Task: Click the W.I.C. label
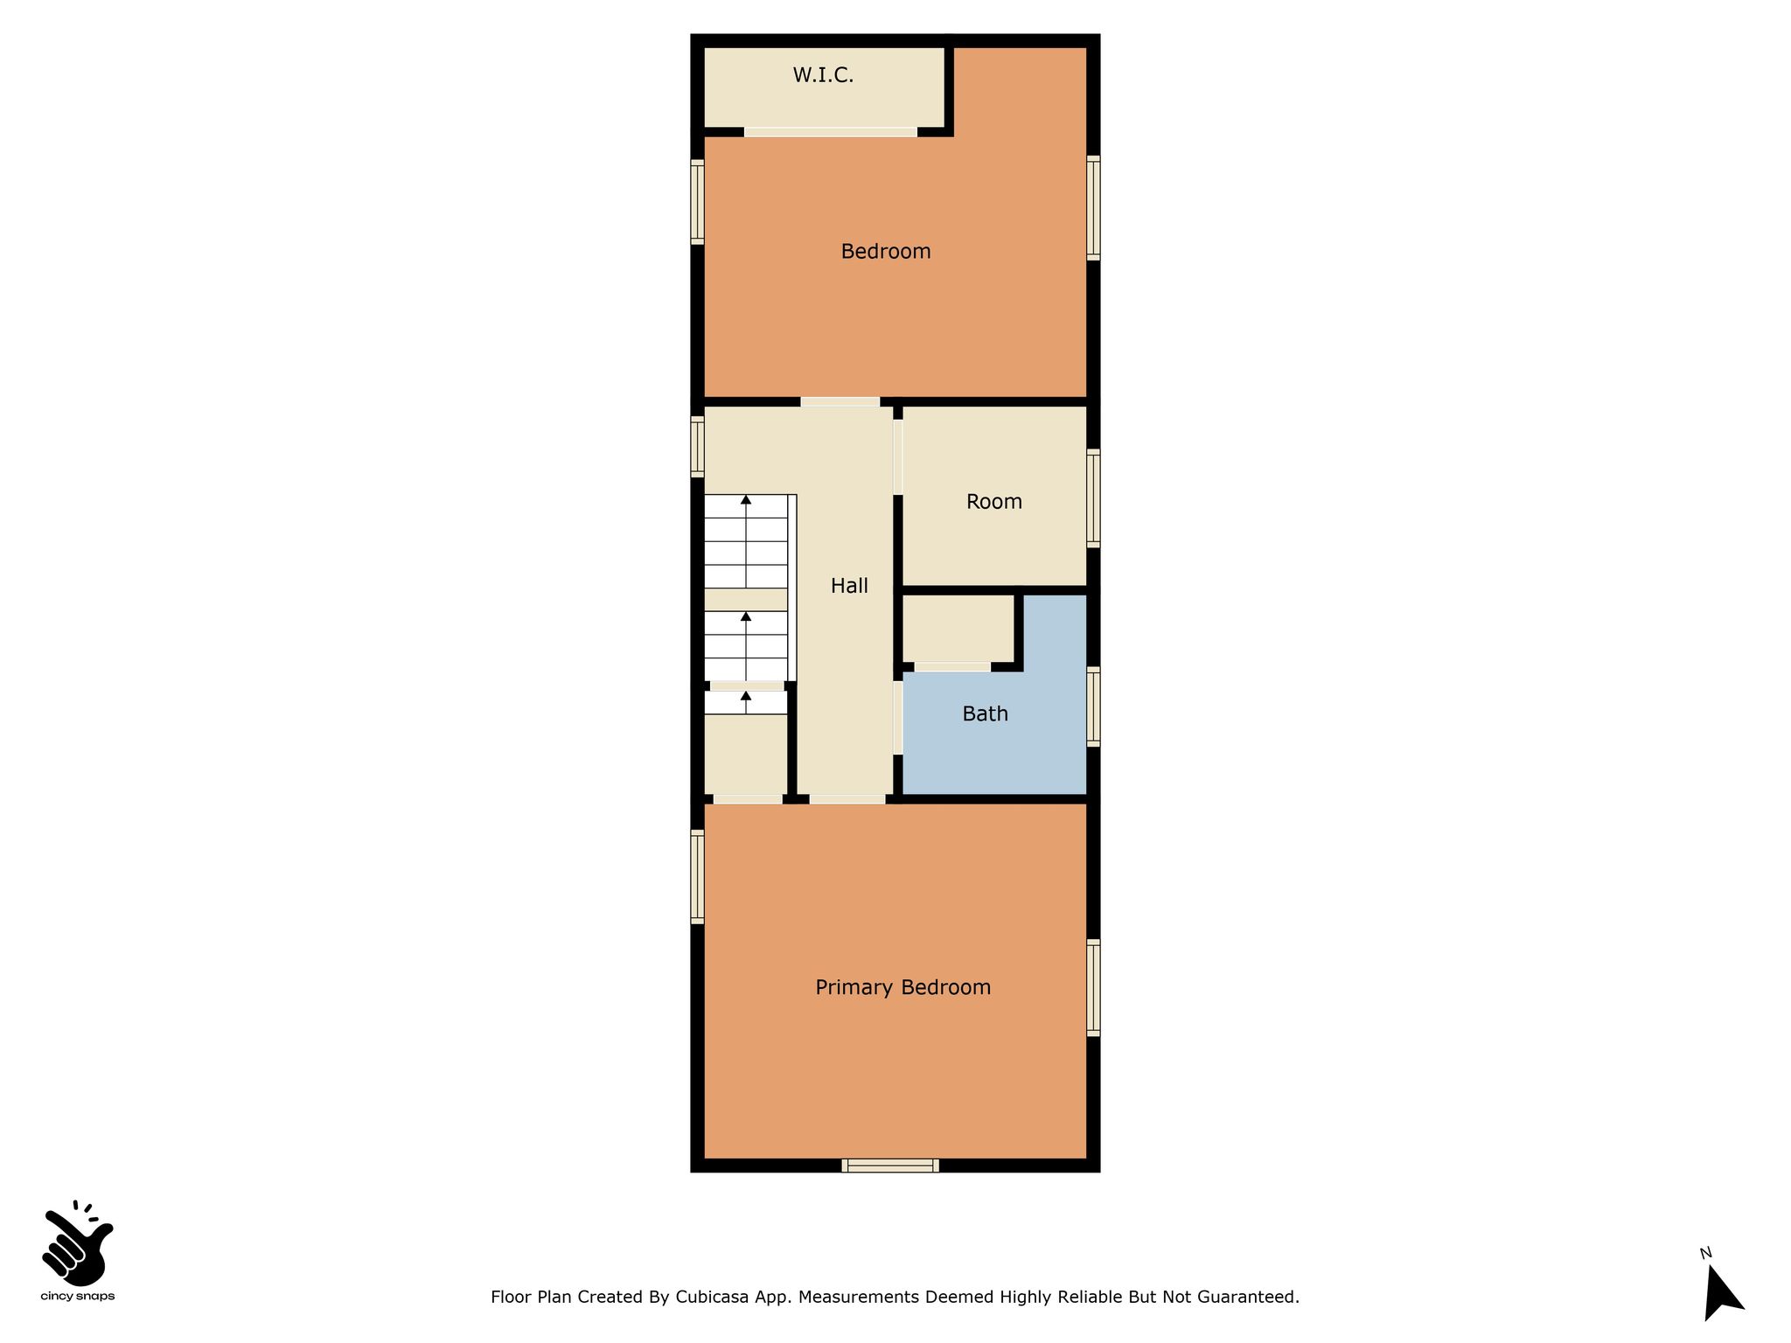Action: (x=823, y=75)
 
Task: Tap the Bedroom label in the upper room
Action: (x=886, y=252)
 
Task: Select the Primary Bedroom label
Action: (x=903, y=988)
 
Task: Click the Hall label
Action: (x=849, y=586)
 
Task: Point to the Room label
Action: (x=994, y=502)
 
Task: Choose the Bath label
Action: (x=986, y=714)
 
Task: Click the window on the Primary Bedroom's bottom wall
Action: (x=890, y=1166)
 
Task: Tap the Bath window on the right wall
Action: (x=1093, y=706)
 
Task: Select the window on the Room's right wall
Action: (x=1093, y=498)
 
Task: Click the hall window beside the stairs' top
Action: (x=697, y=447)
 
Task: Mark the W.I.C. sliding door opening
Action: (x=831, y=132)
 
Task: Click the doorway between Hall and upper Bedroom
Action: (x=840, y=402)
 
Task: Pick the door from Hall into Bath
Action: (x=898, y=718)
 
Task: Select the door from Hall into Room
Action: (x=898, y=457)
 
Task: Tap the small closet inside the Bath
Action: (x=958, y=629)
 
